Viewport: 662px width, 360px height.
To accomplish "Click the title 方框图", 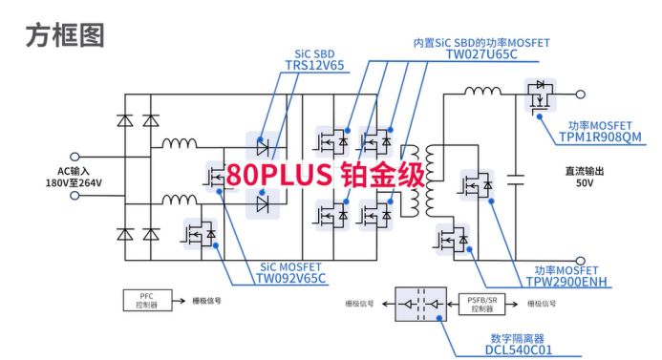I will tap(64, 35).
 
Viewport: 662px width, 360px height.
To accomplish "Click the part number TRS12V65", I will tap(314, 66).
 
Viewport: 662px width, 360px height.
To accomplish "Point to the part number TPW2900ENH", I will tap(566, 282).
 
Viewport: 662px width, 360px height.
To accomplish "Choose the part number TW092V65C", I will tap(290, 278).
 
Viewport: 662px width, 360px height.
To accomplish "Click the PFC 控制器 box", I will tap(146, 301).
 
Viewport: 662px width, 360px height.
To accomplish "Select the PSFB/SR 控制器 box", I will tap(482, 304).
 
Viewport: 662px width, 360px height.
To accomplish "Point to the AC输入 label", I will tap(72, 171).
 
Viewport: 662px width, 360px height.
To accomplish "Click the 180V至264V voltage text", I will tap(73, 183).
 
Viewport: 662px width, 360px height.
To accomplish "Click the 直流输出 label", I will tap(586, 172).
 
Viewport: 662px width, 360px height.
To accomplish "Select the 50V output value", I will tap(586, 184).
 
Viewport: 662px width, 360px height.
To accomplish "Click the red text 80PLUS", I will tap(278, 175).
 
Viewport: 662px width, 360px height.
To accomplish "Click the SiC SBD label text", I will tap(314, 53).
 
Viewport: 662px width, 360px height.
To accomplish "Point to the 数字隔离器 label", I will tap(518, 338).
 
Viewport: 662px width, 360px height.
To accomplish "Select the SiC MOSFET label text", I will tap(291, 266).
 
